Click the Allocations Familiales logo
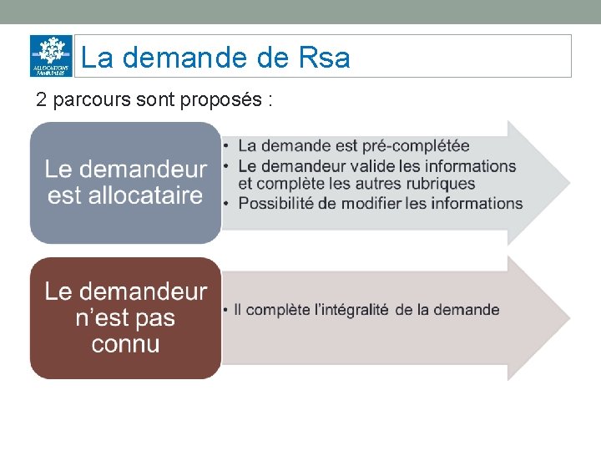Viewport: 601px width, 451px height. (51, 56)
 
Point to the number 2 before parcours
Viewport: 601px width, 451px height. (41, 100)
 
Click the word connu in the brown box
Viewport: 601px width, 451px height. (125, 343)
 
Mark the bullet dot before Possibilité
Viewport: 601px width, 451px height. (226, 203)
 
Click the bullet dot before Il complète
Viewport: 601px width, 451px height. (226, 311)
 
